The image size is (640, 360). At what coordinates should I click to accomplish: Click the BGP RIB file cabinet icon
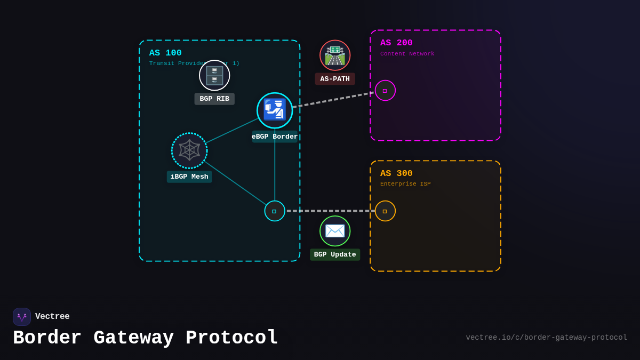pos(214,75)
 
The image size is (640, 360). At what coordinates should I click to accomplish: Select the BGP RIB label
pos(214,99)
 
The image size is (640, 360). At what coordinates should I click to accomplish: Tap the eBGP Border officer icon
pos(275,110)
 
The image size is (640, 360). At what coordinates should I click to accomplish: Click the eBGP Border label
pos(275,137)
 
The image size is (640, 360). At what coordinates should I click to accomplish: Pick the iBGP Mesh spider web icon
pos(189,150)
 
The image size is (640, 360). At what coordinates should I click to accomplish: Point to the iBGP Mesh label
pos(189,177)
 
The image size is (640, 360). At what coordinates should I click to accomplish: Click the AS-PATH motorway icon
pos(335,55)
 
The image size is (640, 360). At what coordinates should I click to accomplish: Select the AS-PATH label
pos(335,79)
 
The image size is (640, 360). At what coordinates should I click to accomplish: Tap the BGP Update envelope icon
pos(335,231)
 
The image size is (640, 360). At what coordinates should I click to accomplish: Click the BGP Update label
pos(335,254)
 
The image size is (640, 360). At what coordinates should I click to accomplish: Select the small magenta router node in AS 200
pos(385,91)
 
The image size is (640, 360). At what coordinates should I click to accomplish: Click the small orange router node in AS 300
pos(385,211)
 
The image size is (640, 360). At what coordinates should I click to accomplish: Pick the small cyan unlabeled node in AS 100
pos(275,211)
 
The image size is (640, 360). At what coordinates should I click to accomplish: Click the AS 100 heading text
pos(165,53)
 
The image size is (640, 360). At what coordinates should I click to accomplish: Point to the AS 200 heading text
pos(396,43)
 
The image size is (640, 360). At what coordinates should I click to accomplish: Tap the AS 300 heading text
pos(396,173)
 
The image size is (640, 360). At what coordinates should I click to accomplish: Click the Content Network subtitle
pos(407,53)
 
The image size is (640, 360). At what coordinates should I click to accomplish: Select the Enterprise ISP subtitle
pos(405,184)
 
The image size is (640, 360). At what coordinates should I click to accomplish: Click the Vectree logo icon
pos(22,317)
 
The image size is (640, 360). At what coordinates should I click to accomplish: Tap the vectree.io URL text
pos(546,338)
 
